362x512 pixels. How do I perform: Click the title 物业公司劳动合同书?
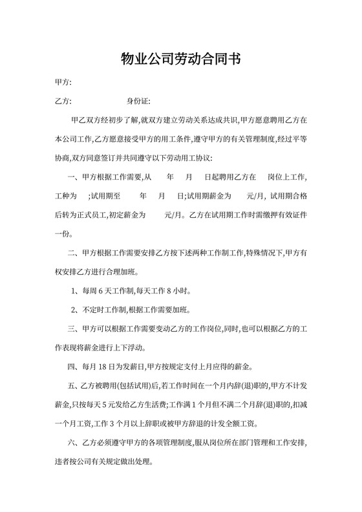[x=181, y=59]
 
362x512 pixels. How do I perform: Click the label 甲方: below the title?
[x=63, y=83]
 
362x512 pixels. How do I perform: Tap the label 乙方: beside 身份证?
[x=63, y=101]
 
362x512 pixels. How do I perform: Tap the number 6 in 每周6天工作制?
[x=107, y=290]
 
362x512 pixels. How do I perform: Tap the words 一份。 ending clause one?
[x=66, y=233]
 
